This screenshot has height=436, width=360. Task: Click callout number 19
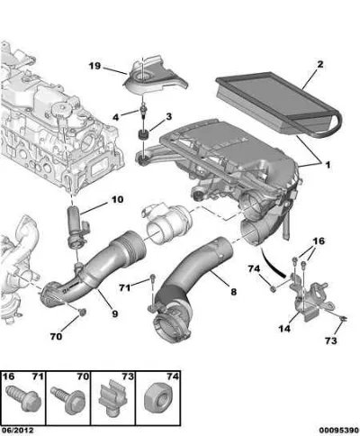94,66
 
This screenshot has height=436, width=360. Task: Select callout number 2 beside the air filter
320,64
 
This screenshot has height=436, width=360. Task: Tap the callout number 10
117,199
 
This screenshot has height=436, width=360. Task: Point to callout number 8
233,292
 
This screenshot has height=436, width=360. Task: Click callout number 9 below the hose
115,313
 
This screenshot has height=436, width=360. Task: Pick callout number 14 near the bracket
284,329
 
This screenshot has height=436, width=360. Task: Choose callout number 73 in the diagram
331,341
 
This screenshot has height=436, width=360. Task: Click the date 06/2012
17,431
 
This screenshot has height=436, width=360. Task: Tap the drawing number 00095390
338,431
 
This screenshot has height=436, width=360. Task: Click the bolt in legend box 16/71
22,399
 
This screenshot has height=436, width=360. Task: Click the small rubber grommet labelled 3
143,134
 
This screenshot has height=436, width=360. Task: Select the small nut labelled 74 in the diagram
273,289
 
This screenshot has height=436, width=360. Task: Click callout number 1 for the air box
328,165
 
